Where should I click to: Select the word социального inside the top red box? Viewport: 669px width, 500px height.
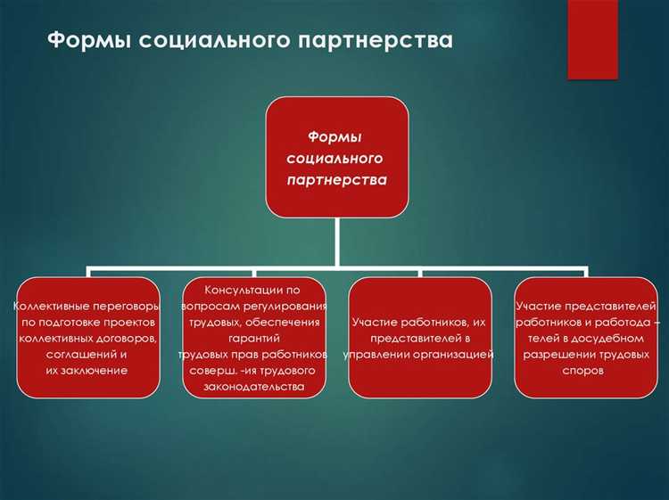(335, 158)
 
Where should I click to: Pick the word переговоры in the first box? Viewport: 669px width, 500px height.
(128, 306)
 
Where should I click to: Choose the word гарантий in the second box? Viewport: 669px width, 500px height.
(253, 339)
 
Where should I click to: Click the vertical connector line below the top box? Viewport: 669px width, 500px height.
(336, 241)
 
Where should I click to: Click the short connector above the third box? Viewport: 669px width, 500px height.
(419, 272)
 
